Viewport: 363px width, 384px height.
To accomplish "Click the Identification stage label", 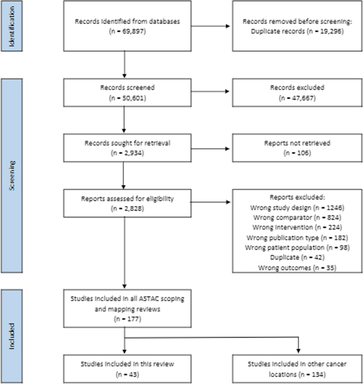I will pos(11,26).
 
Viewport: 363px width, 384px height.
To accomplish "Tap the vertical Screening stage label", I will pos(11,176).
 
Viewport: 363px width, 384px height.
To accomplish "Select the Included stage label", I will pos(11,336).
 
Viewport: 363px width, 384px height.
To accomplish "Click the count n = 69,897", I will pos(127,31).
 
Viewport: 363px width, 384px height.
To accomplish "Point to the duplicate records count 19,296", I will pos(325,31).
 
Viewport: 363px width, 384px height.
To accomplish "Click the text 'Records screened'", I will pos(127,87).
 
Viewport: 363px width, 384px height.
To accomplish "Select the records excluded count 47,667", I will pos(297,98).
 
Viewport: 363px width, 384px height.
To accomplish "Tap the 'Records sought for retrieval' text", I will pos(127,143).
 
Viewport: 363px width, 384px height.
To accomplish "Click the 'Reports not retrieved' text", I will pos(297,143).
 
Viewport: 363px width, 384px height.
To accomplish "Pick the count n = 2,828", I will pos(127,208).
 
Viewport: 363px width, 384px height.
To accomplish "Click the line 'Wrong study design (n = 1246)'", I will pos(297,208).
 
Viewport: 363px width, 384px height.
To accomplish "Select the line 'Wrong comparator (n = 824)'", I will pos(297,218).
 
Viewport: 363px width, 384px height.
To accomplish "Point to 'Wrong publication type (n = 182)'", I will pos(297,238).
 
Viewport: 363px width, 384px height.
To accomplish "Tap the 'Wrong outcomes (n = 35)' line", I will pos(297,268).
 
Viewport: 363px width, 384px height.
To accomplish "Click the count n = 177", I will pos(127,319).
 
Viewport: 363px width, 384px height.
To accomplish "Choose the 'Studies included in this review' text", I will pos(127,364).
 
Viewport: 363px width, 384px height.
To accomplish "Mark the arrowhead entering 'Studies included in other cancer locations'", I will pos(299,351).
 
